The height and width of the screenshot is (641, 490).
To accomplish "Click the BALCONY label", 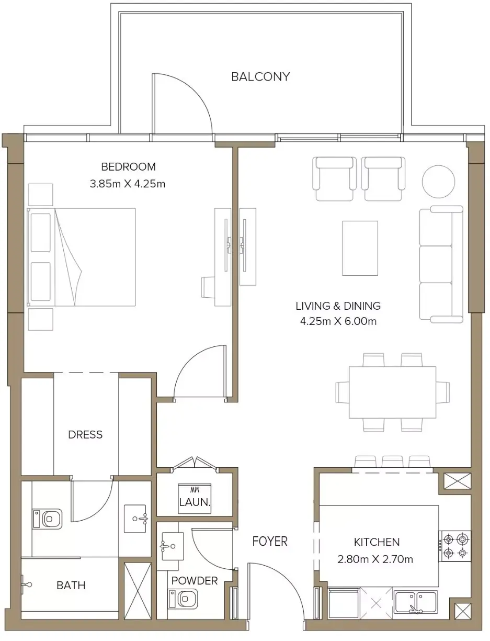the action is pos(260,77).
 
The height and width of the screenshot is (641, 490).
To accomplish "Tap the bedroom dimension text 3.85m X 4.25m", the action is pos(128,184).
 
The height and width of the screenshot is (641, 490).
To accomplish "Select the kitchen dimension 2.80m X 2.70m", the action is pos(375,559).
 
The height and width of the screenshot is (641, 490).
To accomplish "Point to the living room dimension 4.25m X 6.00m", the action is pos(338,321).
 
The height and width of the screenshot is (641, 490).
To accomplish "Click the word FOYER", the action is pos(270,542).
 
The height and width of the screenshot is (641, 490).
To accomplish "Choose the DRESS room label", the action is pos(85,434).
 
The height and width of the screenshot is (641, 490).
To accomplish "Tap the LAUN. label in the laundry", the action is pos(195,502).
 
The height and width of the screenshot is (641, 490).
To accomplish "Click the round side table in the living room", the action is pos(438,182).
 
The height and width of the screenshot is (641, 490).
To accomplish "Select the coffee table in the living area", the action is pos(360,248).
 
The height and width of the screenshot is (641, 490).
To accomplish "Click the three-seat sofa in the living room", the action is pos(441,264).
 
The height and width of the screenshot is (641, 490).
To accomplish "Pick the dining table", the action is pos(392,392).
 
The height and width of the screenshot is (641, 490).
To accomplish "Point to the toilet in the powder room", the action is pos(183,599).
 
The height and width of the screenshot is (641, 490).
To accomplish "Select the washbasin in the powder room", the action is pos(172,546).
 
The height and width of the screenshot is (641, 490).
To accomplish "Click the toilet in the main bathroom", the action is pos(47,519).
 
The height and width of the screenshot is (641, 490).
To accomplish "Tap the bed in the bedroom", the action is pos(81,257).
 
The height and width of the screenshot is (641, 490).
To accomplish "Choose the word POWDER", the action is pos(195,580).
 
